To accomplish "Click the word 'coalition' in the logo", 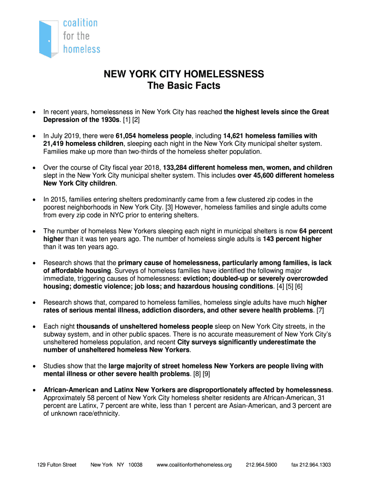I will point(80,23).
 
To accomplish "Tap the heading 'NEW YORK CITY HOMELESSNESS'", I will point(184,74).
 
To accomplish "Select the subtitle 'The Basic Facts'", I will point(184,86).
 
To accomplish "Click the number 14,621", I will point(234,136).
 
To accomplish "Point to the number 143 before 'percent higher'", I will point(269,239).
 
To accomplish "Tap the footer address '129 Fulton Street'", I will point(56,465).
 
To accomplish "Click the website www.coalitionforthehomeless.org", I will point(194,465).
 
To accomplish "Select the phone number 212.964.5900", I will point(261,465).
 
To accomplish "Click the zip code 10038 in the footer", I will point(135,465).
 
